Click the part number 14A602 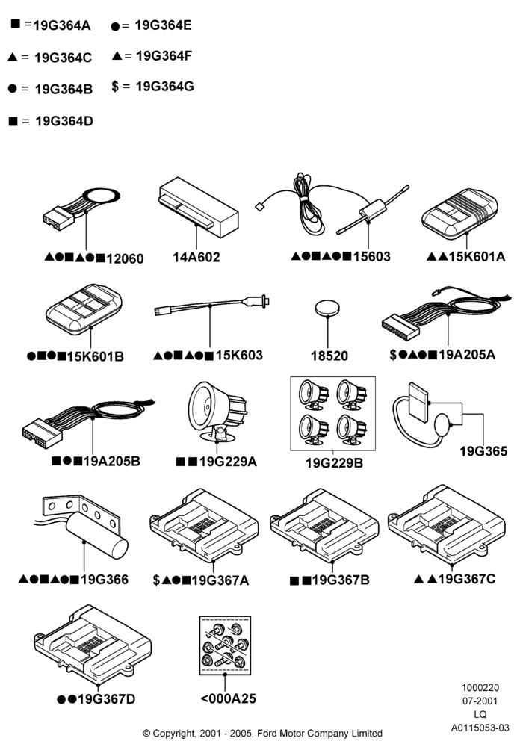pos(196,257)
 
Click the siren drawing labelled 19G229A pos(217,411)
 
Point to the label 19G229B pos(334,462)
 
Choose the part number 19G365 pos(483,451)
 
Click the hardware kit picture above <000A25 pos(225,645)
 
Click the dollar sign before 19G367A pos(156,580)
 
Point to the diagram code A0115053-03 pos(480,728)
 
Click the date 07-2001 pos(480,701)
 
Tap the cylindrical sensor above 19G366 pos(96,535)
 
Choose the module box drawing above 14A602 pos(198,207)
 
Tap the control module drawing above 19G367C pos(447,524)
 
